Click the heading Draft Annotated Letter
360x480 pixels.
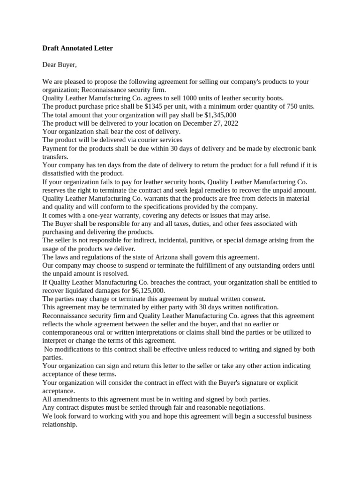click(x=77, y=48)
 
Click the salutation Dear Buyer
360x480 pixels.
click(x=59, y=65)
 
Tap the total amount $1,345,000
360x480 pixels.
click(x=220, y=115)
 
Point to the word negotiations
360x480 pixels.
click(x=245, y=407)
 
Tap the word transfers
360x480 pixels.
click(x=55, y=157)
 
